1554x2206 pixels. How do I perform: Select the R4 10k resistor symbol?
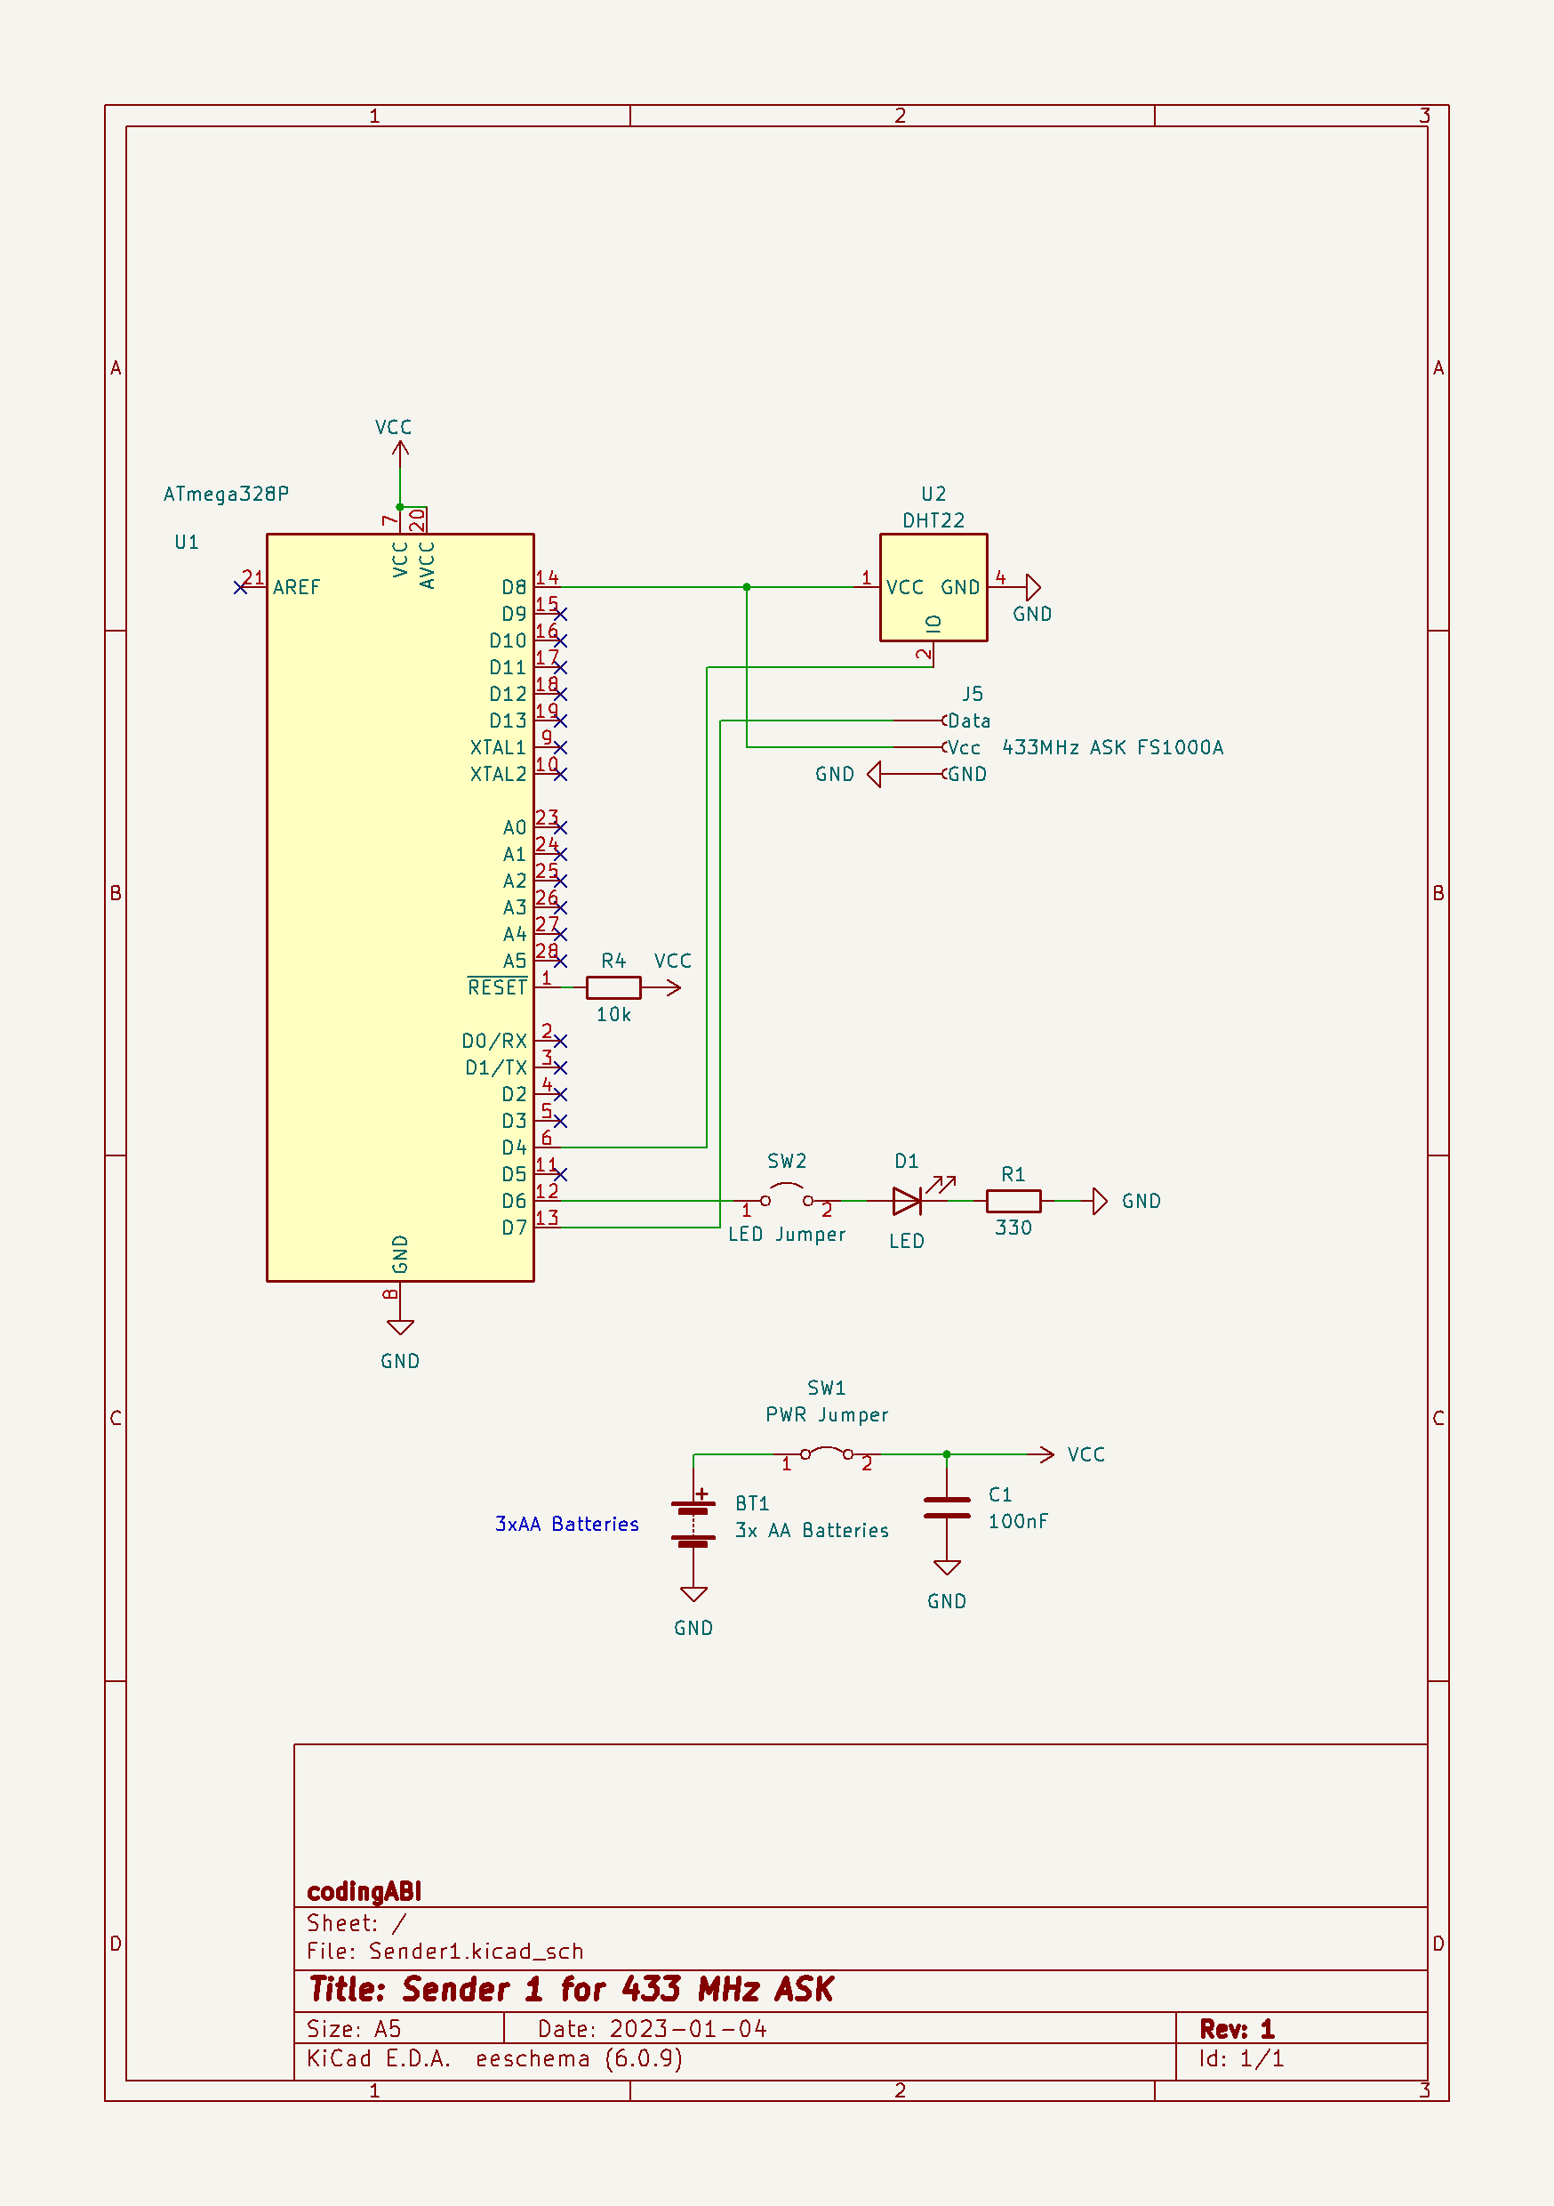click(613, 986)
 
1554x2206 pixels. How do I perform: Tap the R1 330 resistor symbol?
click(1013, 1201)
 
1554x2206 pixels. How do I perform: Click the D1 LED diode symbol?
click(908, 1201)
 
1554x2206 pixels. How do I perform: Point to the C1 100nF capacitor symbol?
click(946, 1509)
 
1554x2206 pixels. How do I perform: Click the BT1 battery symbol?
click(693, 1524)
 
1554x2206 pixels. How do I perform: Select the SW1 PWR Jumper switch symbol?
click(827, 1453)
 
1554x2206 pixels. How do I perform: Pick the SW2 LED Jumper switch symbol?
click(787, 1197)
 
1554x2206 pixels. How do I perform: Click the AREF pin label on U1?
click(296, 587)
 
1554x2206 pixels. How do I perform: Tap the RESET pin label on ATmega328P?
click(497, 987)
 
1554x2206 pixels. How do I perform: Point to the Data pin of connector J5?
click(968, 721)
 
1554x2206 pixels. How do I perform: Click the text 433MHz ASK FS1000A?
click(1112, 747)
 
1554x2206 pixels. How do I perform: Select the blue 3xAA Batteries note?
click(566, 1524)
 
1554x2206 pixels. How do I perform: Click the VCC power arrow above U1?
click(401, 450)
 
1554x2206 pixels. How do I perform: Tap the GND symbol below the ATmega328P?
click(401, 1328)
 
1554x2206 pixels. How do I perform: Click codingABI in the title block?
click(364, 1891)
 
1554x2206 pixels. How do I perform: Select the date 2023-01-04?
click(688, 2028)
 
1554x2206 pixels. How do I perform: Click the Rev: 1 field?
click(1236, 2028)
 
